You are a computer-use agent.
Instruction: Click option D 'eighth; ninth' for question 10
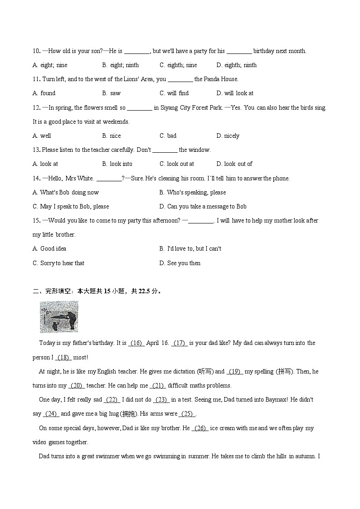236,65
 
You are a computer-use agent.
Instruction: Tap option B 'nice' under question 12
112,136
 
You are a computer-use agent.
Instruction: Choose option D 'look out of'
234,164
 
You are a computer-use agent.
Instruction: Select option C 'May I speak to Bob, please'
71,206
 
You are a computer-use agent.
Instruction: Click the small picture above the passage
58,317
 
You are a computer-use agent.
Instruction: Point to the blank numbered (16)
136,343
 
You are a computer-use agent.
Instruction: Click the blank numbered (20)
77,386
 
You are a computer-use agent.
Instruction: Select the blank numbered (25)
187,414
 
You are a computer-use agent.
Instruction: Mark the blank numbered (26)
200,428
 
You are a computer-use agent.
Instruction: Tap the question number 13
36,150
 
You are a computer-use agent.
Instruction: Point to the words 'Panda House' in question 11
220,79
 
